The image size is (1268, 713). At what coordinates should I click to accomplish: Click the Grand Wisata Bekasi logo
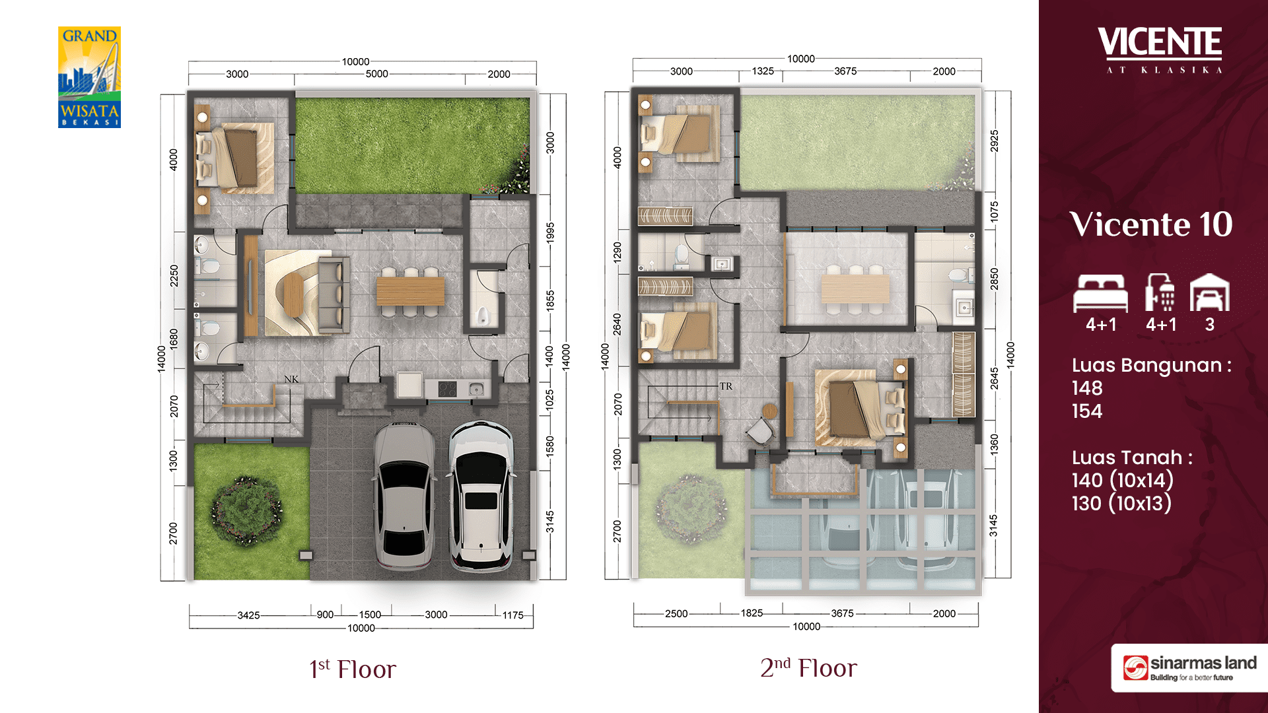(x=89, y=77)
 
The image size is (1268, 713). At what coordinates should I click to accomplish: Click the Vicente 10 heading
(x=1151, y=224)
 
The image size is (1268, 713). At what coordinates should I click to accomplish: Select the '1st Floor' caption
(x=353, y=669)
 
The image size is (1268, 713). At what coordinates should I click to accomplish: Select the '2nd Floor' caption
(x=808, y=667)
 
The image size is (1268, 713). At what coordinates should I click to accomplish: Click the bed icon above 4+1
(x=1100, y=293)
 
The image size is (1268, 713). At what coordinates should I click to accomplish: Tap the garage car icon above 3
(x=1209, y=292)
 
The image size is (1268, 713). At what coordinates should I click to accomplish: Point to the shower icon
(x=1160, y=292)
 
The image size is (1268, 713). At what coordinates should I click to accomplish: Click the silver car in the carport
(x=404, y=496)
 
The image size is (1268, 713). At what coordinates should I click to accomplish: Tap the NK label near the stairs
(x=291, y=379)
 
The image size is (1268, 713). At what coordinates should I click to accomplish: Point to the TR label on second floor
(x=726, y=386)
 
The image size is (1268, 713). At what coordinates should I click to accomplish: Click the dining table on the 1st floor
(x=410, y=291)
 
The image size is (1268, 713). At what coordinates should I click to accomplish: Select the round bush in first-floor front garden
(x=246, y=512)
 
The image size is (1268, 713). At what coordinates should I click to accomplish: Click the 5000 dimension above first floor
(x=377, y=74)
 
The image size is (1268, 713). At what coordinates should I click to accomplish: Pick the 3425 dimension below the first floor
(x=248, y=615)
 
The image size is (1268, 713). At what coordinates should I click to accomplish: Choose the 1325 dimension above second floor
(x=763, y=71)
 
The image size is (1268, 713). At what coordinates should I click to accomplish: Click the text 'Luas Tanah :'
(x=1132, y=458)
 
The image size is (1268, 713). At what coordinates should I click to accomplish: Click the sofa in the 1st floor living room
(x=334, y=294)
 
